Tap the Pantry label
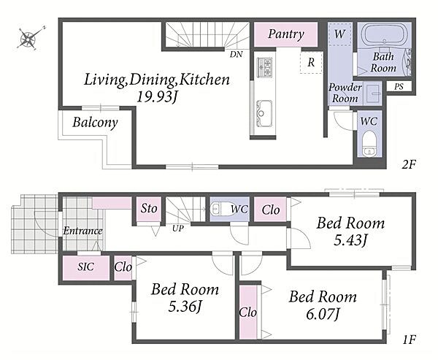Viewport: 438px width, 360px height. (286, 34)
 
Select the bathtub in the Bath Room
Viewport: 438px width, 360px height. (384, 34)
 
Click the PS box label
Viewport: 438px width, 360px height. (399, 87)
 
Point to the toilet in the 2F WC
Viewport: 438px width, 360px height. (369, 143)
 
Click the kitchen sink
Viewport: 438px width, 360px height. (263, 113)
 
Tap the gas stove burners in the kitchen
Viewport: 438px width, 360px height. (264, 66)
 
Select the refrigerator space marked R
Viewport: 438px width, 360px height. (311, 62)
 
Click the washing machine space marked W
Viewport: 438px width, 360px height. (339, 34)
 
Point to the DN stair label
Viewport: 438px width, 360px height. (236, 54)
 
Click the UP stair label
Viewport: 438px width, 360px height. (177, 229)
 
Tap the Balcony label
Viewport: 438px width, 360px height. (95, 123)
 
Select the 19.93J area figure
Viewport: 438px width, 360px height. (157, 97)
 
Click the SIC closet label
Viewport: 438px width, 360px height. (85, 267)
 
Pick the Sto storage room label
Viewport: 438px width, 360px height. (149, 208)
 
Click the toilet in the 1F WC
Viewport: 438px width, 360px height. (223, 208)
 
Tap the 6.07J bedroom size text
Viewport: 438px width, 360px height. (323, 315)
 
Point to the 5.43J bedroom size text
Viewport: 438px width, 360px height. (350, 240)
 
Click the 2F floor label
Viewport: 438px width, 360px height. (409, 164)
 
